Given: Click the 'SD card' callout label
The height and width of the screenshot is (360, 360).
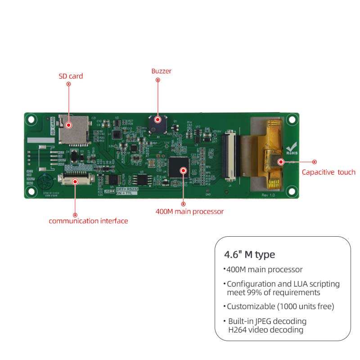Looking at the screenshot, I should tap(71, 76).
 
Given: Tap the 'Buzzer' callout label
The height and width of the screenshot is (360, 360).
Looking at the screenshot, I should tap(161, 71).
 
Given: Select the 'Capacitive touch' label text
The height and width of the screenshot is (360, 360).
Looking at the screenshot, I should tap(328, 172).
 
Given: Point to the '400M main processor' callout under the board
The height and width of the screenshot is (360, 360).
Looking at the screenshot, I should tap(189, 211).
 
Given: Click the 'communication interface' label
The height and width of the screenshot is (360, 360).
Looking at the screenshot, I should tap(88, 221).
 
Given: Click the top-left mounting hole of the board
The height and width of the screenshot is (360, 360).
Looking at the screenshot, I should tap(31, 120).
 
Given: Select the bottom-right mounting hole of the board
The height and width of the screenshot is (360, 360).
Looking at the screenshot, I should tap(292, 191).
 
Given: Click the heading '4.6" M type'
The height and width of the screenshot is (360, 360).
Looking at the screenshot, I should tap(249, 254).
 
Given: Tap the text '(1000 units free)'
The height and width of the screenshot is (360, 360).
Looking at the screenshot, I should tap(309, 306).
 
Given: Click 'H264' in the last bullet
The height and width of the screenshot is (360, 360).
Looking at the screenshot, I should tap(238, 330).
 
